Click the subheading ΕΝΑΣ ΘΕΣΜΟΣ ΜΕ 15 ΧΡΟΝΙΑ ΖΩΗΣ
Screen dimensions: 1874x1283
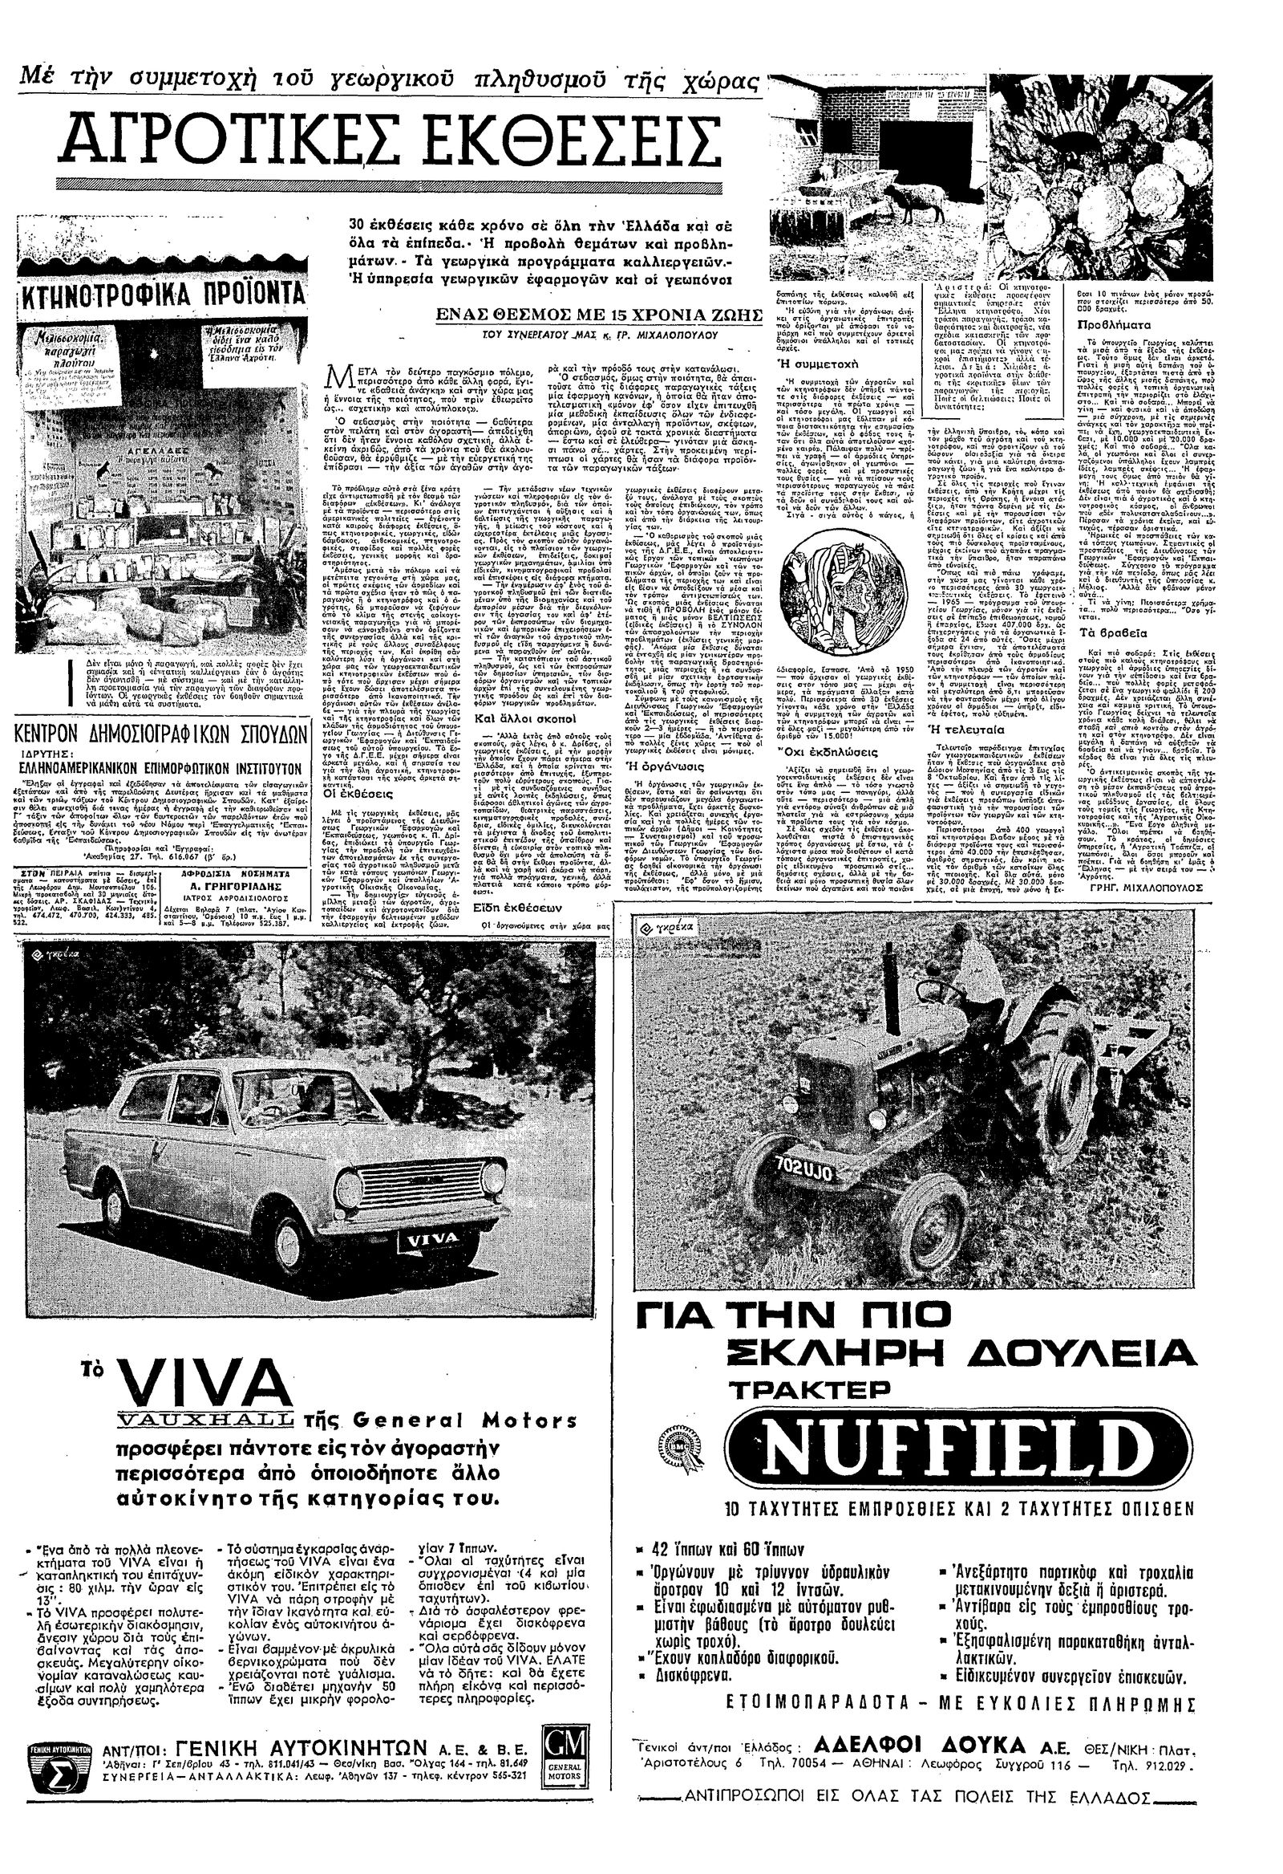(599, 315)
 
